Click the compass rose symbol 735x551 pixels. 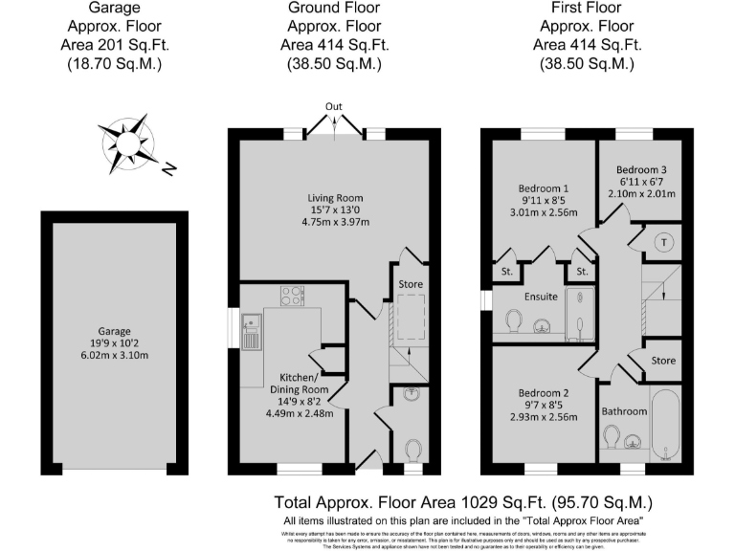(x=126, y=142)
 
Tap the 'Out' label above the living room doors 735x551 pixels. (x=333, y=106)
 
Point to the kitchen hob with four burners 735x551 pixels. (x=292, y=296)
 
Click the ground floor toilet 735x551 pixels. (x=413, y=450)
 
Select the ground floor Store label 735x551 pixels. (x=411, y=284)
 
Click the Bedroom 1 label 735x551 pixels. (x=543, y=187)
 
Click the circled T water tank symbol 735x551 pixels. (x=662, y=243)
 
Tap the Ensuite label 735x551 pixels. (x=540, y=297)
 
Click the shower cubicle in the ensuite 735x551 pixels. (x=579, y=315)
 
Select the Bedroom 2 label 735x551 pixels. (x=543, y=393)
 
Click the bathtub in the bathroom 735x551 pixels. (x=664, y=427)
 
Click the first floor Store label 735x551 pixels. (x=662, y=361)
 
